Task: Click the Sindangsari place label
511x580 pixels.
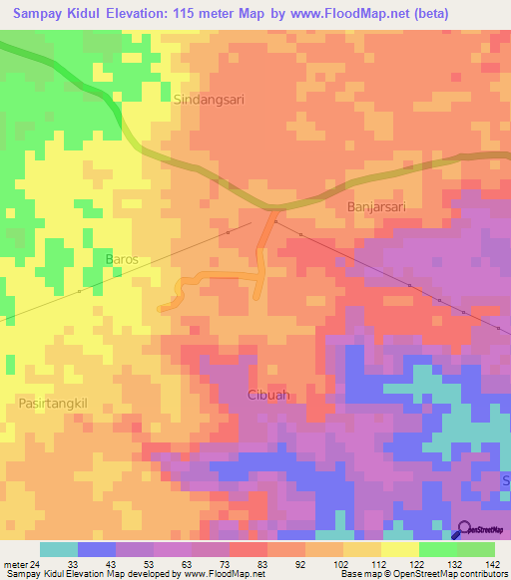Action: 209,100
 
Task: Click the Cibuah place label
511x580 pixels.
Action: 268,396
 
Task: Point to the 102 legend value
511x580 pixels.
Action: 339,565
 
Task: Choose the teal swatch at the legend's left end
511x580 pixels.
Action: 59,549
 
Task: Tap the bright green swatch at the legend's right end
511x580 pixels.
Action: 476,549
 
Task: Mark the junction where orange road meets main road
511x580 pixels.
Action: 271,209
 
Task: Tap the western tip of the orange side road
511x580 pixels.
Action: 162,308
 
